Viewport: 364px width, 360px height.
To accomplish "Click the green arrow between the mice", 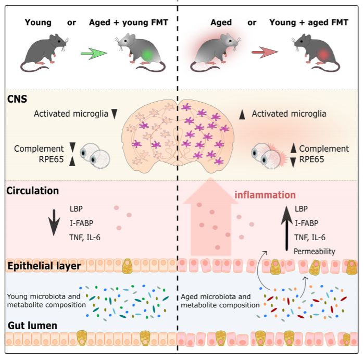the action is [94, 53].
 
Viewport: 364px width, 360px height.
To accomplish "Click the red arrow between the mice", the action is [265, 52].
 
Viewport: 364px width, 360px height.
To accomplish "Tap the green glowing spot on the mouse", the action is [147, 55].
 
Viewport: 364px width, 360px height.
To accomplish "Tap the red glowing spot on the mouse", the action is [323, 55].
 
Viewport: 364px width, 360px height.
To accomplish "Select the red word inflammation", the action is [265, 195].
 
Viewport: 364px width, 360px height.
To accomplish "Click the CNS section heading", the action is [17, 99].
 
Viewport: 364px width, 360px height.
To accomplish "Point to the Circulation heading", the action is [32, 191].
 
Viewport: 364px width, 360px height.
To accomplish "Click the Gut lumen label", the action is [32, 326].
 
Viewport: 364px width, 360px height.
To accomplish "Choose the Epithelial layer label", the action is [44, 266].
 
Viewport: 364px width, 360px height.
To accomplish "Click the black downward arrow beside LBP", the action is [54, 222].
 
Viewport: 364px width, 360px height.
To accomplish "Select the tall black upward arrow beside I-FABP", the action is [287, 228].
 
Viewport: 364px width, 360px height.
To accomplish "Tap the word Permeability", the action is [315, 252].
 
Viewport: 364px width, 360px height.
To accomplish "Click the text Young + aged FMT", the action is [309, 22].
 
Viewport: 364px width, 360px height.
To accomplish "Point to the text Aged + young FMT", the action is [129, 22].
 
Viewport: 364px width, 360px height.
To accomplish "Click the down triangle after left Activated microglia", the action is [114, 114].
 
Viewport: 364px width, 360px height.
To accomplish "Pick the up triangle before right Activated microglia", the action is [242, 115].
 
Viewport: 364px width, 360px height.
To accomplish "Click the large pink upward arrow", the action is [211, 216].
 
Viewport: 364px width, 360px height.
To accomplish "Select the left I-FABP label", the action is [81, 223].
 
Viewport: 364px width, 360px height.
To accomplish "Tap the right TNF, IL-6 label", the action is [310, 238].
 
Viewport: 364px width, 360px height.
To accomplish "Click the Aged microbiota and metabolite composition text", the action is [220, 301].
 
